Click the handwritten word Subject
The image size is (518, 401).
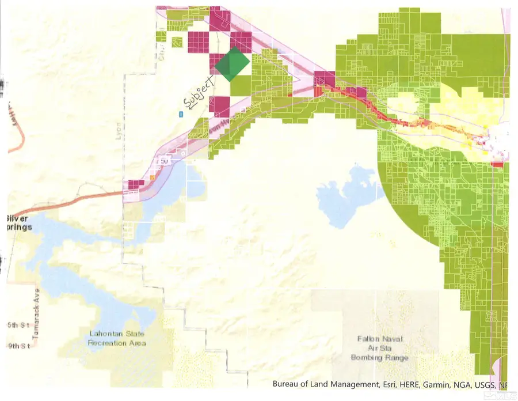199,92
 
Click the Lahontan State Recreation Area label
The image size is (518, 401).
116,338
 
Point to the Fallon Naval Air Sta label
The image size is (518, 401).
380,345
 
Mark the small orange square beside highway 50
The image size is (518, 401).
153,178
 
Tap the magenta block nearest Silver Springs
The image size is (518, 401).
135,185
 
